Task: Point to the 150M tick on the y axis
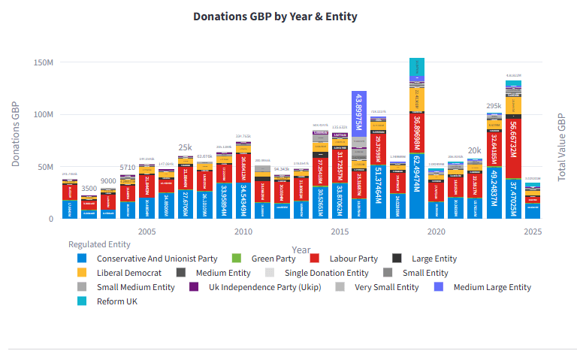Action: click(44, 62)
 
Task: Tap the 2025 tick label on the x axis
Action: click(533, 232)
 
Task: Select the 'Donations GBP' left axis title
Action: click(16, 134)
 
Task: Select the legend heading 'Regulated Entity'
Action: click(99, 244)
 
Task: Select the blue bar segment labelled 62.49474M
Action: click(417, 186)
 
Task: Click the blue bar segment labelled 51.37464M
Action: click(378, 192)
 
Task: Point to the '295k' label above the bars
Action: click(494, 107)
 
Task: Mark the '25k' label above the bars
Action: click(185, 148)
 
